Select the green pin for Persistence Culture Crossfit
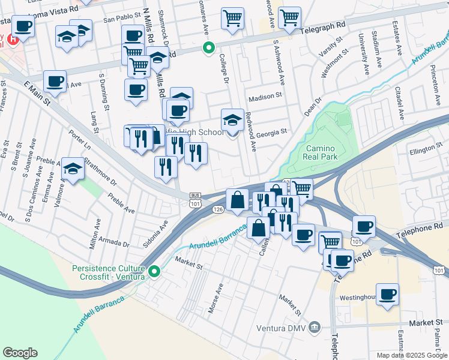pos(154,272)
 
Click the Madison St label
pos(265,96)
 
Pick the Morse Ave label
pos(215,299)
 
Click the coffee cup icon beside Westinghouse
pos(387,295)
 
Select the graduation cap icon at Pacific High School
pos(232,119)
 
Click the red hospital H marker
pos(10,41)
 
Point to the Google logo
pos(20,353)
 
